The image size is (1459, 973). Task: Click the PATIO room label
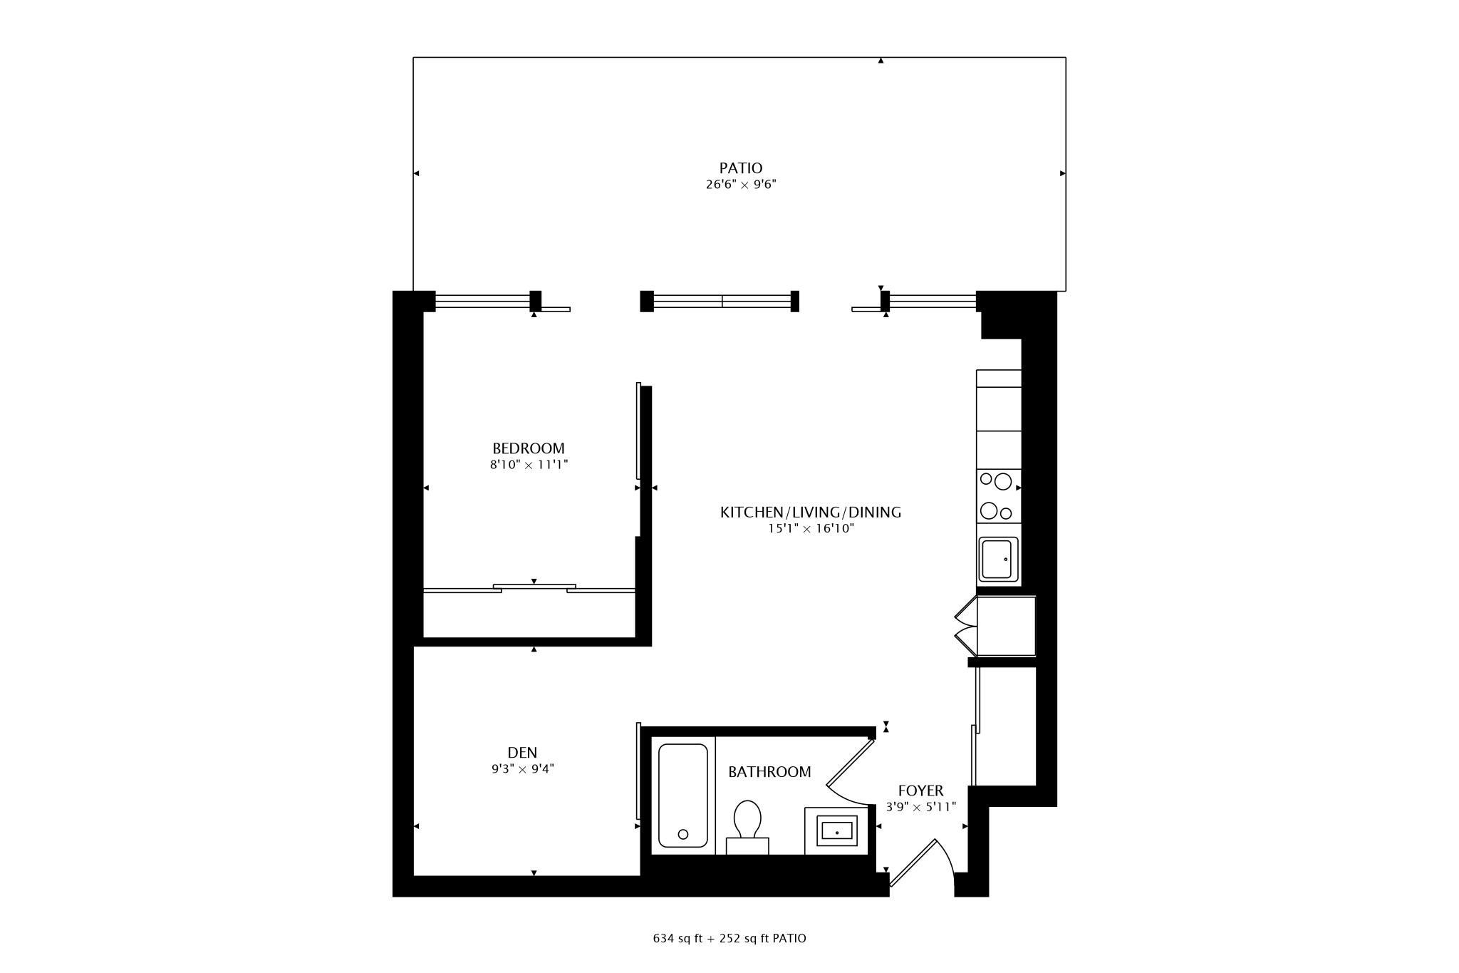[740, 168]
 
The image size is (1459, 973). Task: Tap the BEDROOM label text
[529, 448]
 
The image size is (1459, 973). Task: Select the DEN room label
[522, 753]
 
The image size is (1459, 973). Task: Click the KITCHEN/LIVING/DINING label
[811, 512]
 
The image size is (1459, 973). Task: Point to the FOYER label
[920, 791]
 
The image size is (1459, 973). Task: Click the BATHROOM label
[769, 772]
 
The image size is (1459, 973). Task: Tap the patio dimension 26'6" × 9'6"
[741, 185]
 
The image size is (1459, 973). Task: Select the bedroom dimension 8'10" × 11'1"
[529, 465]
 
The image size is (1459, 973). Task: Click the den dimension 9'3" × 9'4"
[522, 769]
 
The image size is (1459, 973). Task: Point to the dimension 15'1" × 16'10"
[811, 529]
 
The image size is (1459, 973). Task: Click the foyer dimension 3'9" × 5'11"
[920, 807]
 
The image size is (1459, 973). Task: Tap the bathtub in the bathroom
[683, 796]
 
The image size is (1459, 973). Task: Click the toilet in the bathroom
[747, 827]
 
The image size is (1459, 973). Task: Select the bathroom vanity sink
[836, 830]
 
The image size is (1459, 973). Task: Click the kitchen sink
[999, 560]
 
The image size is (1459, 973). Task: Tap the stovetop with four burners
[999, 496]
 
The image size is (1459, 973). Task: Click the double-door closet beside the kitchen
[995, 626]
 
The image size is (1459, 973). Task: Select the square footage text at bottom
[729, 938]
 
